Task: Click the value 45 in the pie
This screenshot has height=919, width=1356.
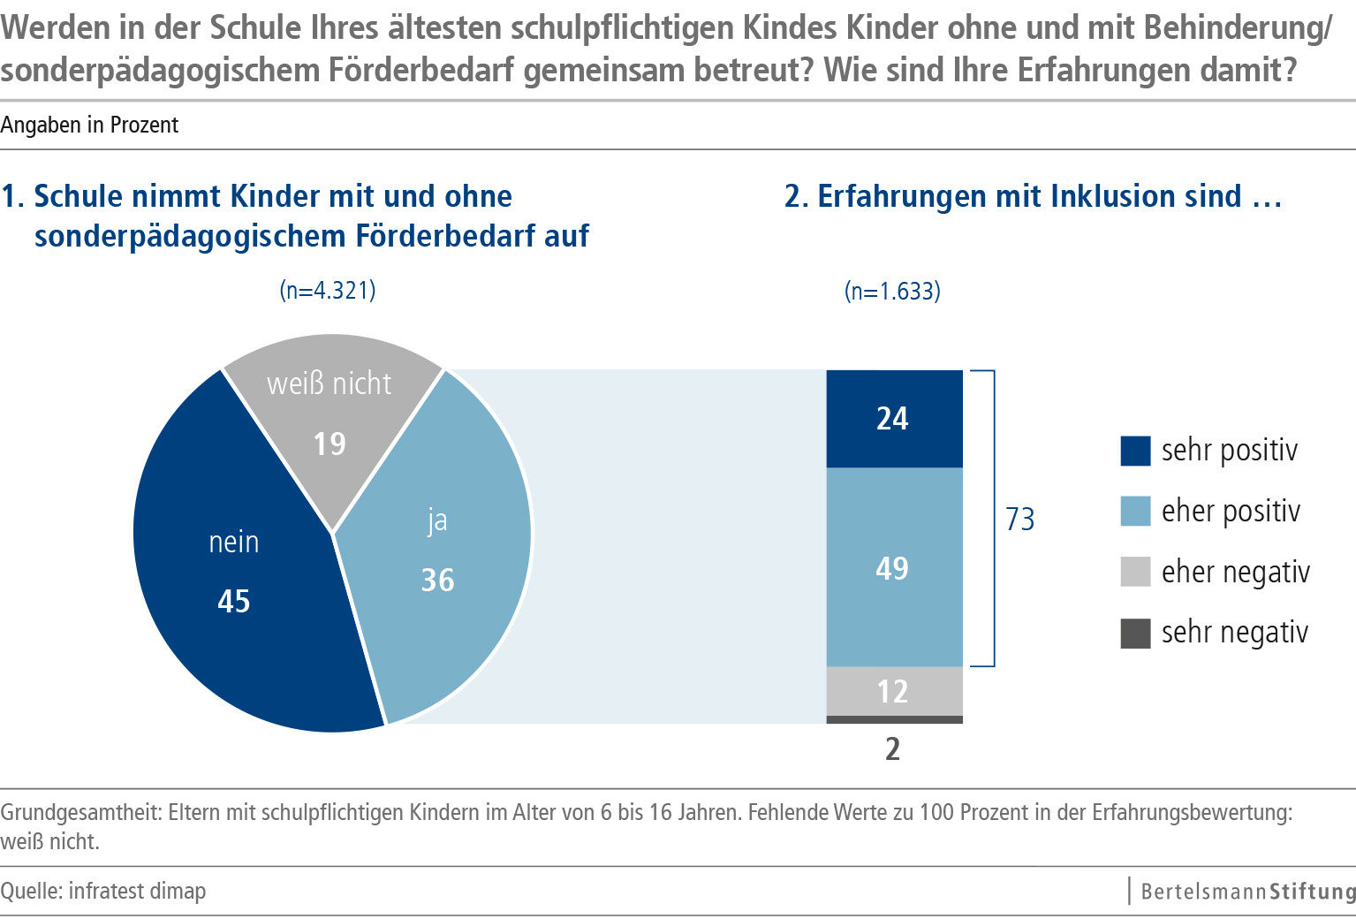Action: pyautogui.click(x=234, y=602)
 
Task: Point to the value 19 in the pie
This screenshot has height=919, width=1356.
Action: pyautogui.click(x=330, y=444)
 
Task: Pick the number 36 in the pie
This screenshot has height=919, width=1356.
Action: pyautogui.click(x=437, y=581)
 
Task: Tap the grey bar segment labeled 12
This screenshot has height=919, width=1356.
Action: pyautogui.click(x=894, y=691)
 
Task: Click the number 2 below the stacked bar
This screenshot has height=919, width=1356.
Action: pyautogui.click(x=893, y=749)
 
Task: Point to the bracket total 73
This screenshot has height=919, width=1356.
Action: pyautogui.click(x=1020, y=519)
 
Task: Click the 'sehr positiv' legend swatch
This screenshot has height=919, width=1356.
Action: pyautogui.click(x=1135, y=451)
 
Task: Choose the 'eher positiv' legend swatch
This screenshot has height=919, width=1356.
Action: pyautogui.click(x=1135, y=512)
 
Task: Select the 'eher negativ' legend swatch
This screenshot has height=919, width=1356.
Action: pyautogui.click(x=1135, y=572)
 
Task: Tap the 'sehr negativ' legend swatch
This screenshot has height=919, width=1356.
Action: pyautogui.click(x=1135, y=633)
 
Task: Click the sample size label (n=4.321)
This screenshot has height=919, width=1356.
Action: pyautogui.click(x=328, y=291)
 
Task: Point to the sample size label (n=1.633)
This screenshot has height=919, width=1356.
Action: pyautogui.click(x=892, y=292)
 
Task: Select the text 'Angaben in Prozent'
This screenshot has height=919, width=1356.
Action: pyautogui.click(x=89, y=125)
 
